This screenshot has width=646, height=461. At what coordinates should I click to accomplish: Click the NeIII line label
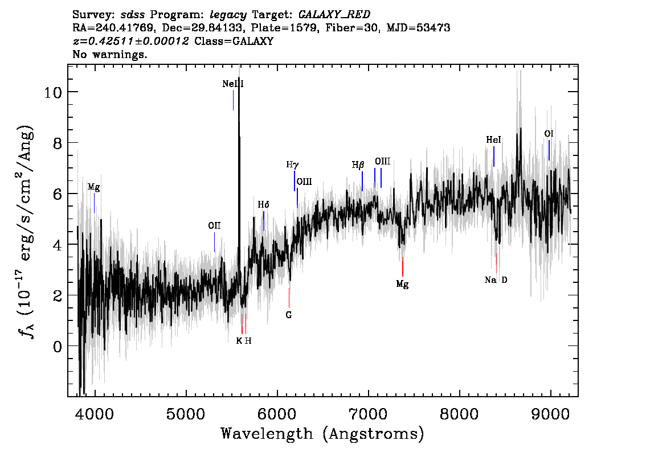pyautogui.click(x=233, y=84)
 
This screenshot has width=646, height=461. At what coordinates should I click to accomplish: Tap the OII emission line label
pyautogui.click(x=214, y=225)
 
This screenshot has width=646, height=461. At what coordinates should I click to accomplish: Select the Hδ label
pyautogui.click(x=264, y=204)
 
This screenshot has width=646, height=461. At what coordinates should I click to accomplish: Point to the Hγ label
pyautogui.click(x=292, y=165)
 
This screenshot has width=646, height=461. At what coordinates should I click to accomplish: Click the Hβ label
pyautogui.click(x=358, y=165)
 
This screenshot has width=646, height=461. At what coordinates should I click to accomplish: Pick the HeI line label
pyautogui.click(x=493, y=140)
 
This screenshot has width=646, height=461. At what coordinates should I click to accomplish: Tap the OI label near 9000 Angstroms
pyautogui.click(x=549, y=134)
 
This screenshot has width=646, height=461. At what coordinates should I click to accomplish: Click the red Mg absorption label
pyautogui.click(x=403, y=284)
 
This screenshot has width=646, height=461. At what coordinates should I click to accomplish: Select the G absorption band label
pyautogui.click(x=289, y=315)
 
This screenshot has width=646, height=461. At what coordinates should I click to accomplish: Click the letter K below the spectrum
pyautogui.click(x=239, y=341)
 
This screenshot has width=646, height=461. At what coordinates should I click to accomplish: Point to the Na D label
pyautogui.click(x=496, y=281)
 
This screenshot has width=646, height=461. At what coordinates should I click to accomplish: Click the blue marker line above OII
pyautogui.click(x=214, y=242)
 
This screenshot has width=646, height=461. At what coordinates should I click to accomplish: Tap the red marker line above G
pyautogui.click(x=289, y=298)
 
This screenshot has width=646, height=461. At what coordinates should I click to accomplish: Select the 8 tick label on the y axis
pyautogui.click(x=58, y=143)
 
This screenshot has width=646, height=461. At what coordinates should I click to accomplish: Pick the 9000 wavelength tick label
pyautogui.click(x=550, y=414)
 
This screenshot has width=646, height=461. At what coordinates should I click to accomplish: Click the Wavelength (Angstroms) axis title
pyautogui.click(x=322, y=434)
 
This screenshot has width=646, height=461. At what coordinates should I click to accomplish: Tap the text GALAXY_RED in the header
pyautogui.click(x=334, y=15)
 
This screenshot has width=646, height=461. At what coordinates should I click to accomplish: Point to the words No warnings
pyautogui.click(x=110, y=54)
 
